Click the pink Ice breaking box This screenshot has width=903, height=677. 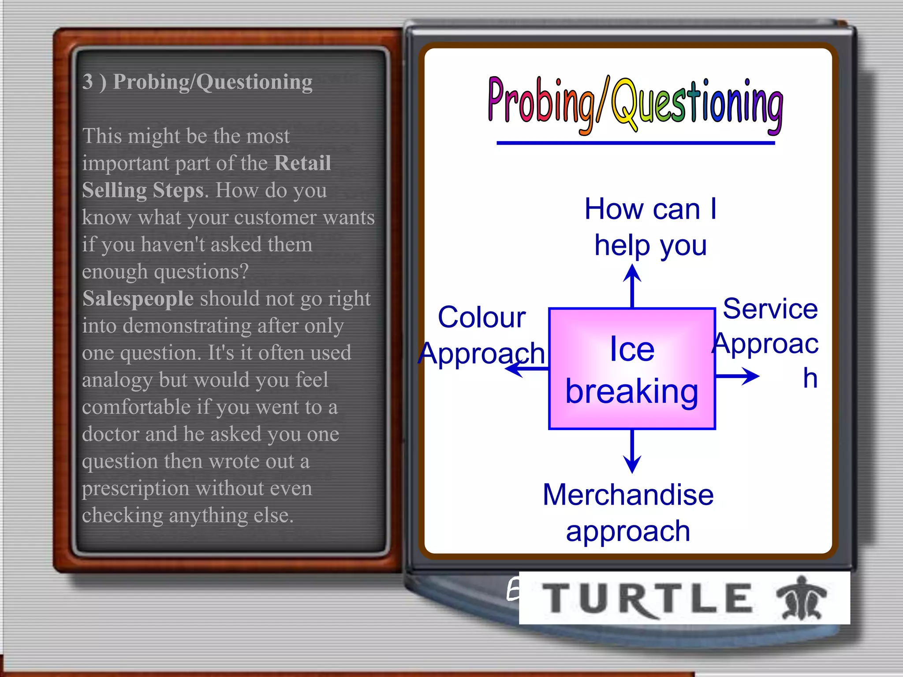631,368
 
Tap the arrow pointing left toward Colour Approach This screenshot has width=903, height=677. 526,368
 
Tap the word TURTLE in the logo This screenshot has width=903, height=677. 647,598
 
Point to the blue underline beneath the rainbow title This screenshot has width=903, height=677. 635,143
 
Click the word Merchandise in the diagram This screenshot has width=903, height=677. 628,495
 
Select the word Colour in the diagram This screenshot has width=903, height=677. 481,317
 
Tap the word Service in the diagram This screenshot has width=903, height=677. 770,308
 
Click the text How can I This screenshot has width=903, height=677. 650,208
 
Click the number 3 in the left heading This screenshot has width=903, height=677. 88,82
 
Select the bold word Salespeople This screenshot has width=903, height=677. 138,298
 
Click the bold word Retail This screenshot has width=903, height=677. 302,163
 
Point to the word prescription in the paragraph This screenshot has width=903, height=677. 135,488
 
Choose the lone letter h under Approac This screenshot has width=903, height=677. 810,378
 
